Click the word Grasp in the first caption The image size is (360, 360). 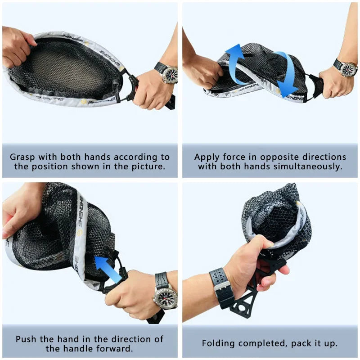tap(23, 157)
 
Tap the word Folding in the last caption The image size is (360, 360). tap(218, 343)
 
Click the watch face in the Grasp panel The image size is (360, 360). tap(170, 74)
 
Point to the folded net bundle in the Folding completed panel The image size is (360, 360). tap(274, 216)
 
